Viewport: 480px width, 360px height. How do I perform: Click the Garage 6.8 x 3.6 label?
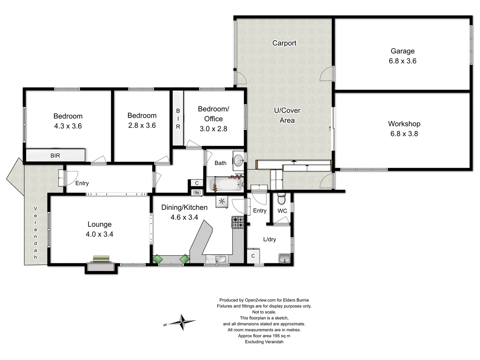(x=402, y=56)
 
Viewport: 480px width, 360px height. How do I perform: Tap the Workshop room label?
(x=404, y=124)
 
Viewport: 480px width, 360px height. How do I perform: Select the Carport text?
(x=284, y=43)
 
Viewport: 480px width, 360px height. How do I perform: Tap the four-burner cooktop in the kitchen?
(x=238, y=222)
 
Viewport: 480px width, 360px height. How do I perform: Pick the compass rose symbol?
(x=182, y=322)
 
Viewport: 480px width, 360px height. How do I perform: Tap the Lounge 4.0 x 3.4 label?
(x=99, y=229)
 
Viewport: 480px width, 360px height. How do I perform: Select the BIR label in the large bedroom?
(x=55, y=156)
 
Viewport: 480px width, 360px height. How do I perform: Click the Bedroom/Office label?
(x=213, y=114)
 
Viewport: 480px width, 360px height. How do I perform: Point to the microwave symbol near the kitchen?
(x=197, y=192)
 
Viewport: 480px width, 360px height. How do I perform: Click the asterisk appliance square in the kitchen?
(x=222, y=201)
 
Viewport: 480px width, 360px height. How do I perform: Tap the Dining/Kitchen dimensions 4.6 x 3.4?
(x=184, y=217)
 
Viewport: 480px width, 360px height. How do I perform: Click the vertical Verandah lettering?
(x=35, y=233)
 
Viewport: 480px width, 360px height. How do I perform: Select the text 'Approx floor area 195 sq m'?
(x=264, y=336)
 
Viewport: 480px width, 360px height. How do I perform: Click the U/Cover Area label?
(x=287, y=115)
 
